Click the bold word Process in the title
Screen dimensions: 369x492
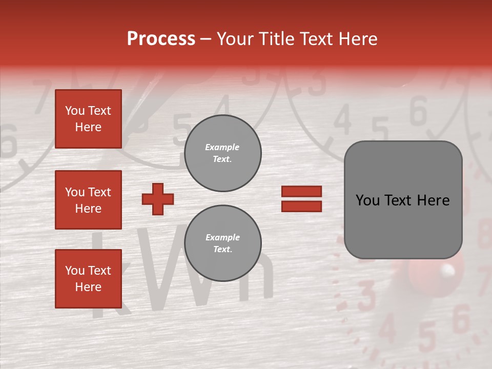click(161, 39)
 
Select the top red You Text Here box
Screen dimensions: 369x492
click(88, 119)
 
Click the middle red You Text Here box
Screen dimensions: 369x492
click(88, 200)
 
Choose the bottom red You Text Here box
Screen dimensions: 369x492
click(88, 279)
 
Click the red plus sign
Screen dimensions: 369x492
click(158, 199)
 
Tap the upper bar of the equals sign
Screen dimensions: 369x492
click(301, 191)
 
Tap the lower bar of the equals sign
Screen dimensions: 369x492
click(301, 207)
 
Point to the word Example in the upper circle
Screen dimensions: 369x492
click(222, 147)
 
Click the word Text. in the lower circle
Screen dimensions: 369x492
click(222, 249)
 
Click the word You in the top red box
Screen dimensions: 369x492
click(75, 111)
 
